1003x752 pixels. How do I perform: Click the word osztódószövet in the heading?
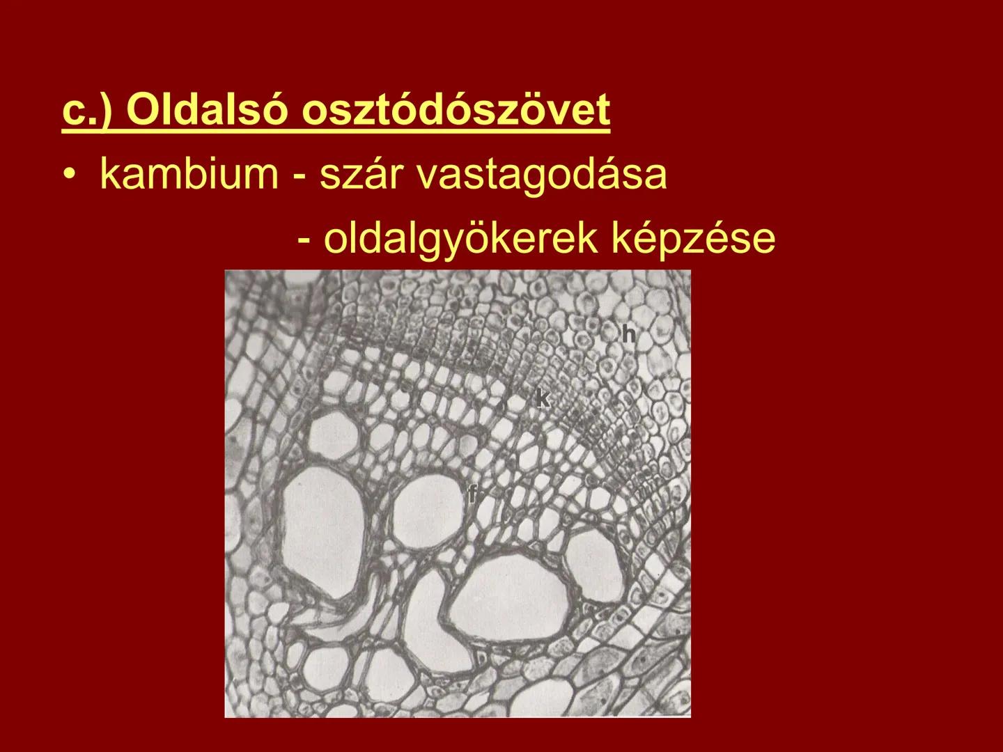click(456, 111)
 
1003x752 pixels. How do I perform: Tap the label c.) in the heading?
click(88, 111)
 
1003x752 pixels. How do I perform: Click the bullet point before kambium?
click(69, 175)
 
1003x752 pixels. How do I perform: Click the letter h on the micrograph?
click(628, 335)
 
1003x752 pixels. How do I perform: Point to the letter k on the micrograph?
click(542, 398)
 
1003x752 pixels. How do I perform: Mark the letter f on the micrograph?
click(473, 495)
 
